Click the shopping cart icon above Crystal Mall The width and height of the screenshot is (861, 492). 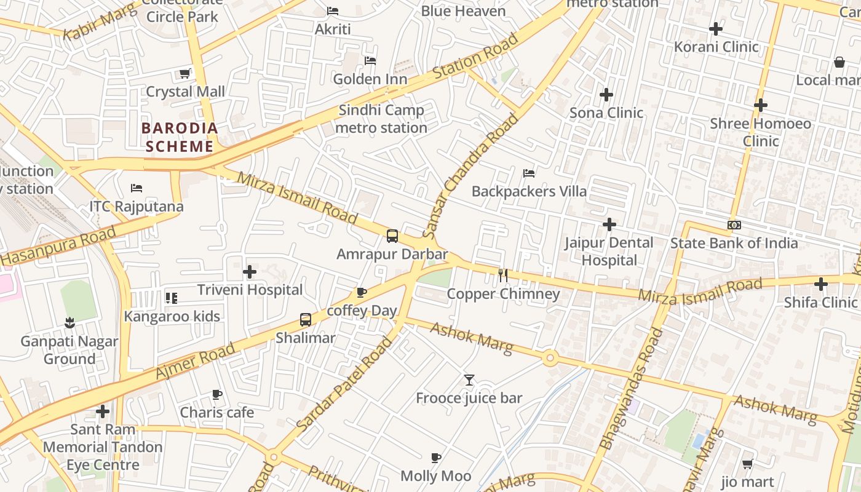pyautogui.click(x=184, y=74)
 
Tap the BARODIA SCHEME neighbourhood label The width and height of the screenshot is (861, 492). pyautogui.click(x=180, y=137)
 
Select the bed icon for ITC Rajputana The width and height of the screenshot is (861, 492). pyautogui.click(x=137, y=188)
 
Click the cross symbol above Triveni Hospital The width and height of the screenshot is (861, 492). pyautogui.click(x=250, y=272)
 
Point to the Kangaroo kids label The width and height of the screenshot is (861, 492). pyautogui.click(x=172, y=317)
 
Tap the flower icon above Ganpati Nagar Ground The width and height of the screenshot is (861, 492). pyautogui.click(x=69, y=323)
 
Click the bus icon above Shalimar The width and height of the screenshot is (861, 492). pyautogui.click(x=306, y=320)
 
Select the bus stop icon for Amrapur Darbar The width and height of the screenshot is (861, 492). pyautogui.click(x=392, y=236)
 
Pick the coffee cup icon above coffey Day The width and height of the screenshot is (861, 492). pyautogui.click(x=362, y=293)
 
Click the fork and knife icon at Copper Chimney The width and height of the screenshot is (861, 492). pyautogui.click(x=503, y=275)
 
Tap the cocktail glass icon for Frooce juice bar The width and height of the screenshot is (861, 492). pyautogui.click(x=469, y=380)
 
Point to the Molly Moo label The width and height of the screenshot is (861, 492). pyautogui.click(x=436, y=476)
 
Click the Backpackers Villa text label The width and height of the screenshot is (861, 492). pyautogui.click(x=529, y=191)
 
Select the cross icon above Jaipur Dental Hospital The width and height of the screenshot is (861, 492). pyautogui.click(x=609, y=224)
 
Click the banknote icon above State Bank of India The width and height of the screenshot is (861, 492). pyautogui.click(x=734, y=225)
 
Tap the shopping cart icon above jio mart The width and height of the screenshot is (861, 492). pyautogui.click(x=747, y=464)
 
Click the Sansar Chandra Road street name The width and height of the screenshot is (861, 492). pyautogui.click(x=471, y=176)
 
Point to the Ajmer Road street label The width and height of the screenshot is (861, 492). pyautogui.click(x=196, y=361)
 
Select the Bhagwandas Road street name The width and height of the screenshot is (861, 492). pyautogui.click(x=632, y=389)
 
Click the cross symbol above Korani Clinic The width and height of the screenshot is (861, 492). pyautogui.click(x=716, y=29)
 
